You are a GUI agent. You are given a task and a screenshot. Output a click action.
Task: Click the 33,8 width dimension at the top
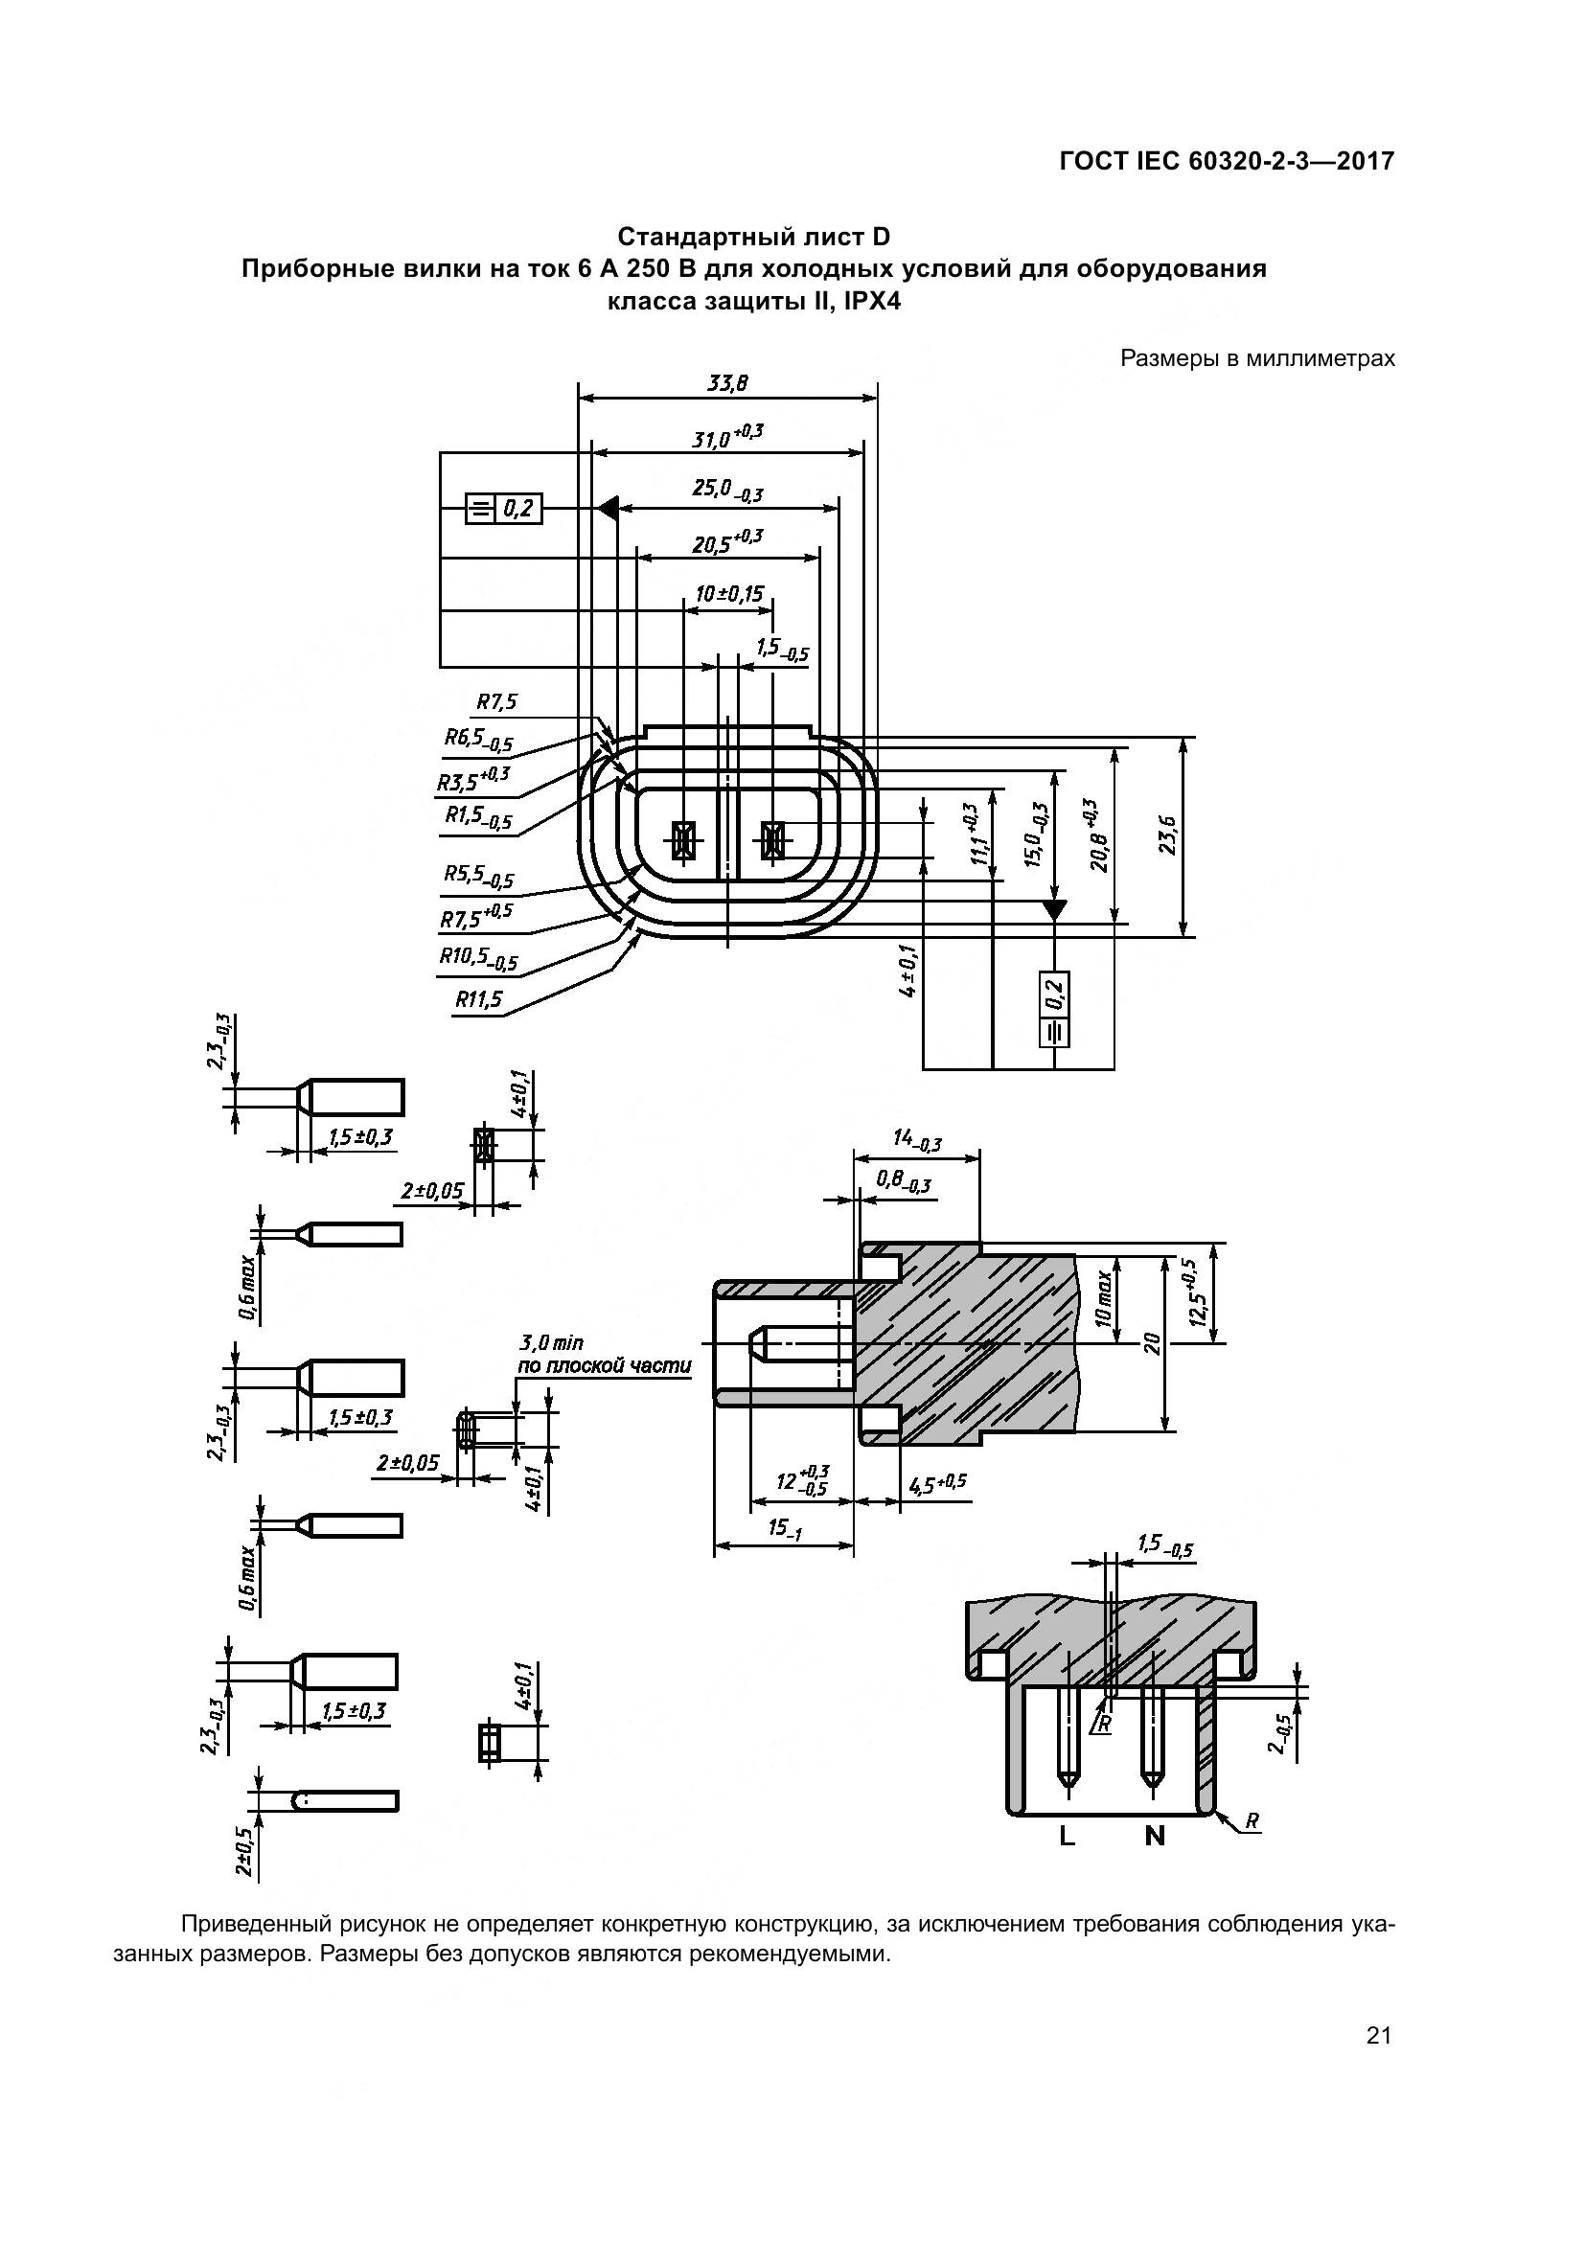tap(727, 383)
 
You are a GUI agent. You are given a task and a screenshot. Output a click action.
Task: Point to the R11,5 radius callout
tap(478, 999)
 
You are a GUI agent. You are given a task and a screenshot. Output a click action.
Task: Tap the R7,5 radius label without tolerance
tap(496, 701)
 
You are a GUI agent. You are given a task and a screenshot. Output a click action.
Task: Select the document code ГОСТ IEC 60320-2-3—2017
tap(1227, 161)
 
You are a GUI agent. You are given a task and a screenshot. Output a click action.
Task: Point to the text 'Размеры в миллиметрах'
tap(1257, 358)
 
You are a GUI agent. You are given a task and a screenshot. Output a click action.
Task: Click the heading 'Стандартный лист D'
tap(753, 238)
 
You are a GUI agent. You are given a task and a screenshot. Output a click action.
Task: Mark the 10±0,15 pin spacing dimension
tap(729, 592)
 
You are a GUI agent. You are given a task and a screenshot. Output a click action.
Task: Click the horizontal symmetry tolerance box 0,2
tap(504, 509)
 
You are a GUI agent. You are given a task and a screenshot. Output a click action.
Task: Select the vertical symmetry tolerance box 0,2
tap(1055, 1009)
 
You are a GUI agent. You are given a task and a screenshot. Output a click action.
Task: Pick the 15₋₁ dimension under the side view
tap(784, 1528)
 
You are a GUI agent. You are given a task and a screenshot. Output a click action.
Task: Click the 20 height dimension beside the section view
tap(1153, 1343)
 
